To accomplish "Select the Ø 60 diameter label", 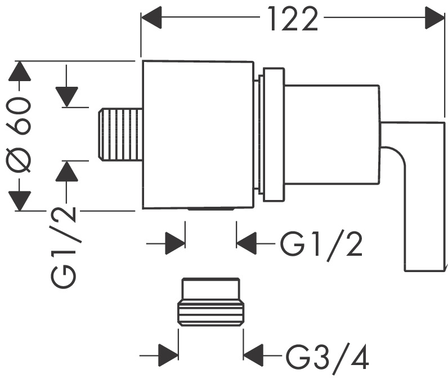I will click(21, 135).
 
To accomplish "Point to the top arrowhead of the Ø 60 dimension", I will click(21, 72).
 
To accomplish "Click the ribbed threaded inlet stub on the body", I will click(120, 135).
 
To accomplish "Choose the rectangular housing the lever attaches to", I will click(330, 135).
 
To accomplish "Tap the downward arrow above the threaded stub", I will click(67, 96).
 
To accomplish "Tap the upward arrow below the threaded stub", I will click(67, 171).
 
